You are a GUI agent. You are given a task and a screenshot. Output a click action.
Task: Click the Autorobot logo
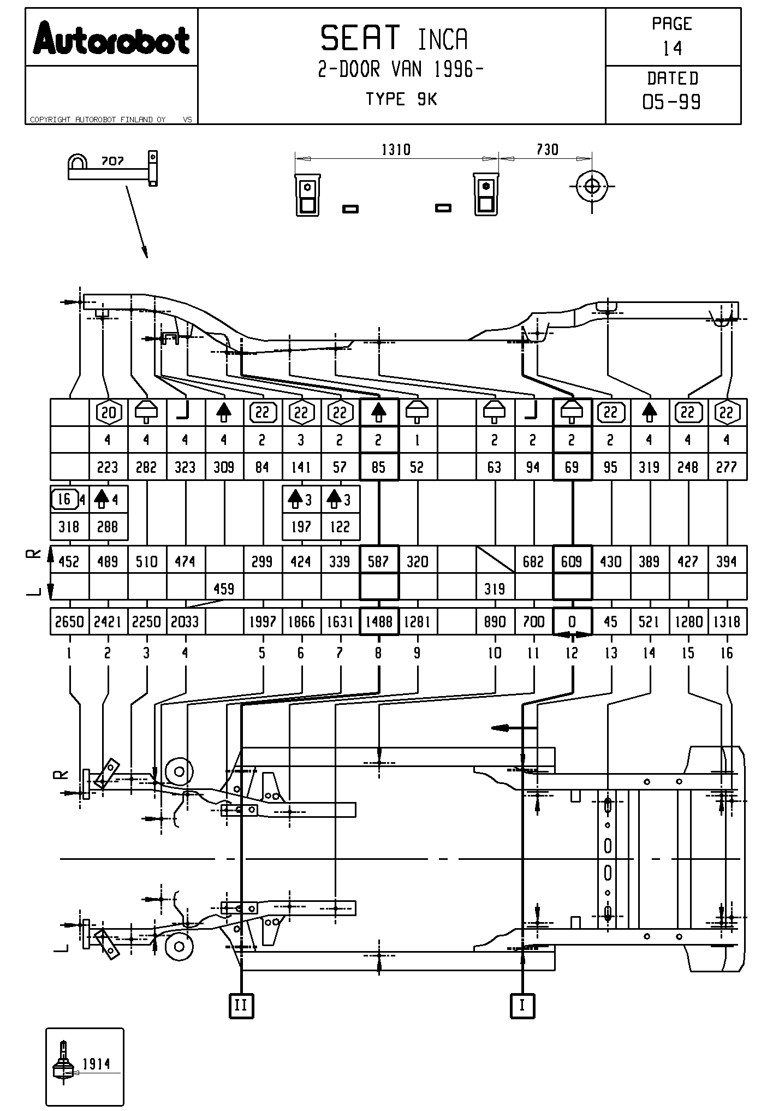click(x=111, y=38)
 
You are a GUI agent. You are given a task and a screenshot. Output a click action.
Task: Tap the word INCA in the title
click(x=443, y=39)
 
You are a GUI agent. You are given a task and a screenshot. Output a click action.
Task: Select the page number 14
click(x=673, y=49)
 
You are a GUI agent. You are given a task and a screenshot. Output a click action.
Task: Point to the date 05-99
click(x=672, y=102)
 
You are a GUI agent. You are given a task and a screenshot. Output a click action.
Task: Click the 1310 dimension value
click(x=396, y=150)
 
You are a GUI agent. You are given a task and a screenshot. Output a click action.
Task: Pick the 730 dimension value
click(x=547, y=150)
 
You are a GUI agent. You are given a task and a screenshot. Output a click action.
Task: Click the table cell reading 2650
click(x=69, y=621)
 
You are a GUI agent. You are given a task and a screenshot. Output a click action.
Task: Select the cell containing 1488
click(x=379, y=621)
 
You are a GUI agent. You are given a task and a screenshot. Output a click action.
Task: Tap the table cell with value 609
click(x=572, y=561)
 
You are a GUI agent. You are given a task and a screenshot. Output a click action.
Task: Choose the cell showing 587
click(x=379, y=561)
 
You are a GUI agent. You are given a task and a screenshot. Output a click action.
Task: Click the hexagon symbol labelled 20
click(x=109, y=413)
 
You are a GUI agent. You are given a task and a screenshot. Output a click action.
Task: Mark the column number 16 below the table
click(x=727, y=653)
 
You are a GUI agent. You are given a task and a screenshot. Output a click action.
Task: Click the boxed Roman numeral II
click(x=241, y=1005)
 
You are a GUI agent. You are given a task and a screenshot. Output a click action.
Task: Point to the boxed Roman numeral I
click(x=522, y=1005)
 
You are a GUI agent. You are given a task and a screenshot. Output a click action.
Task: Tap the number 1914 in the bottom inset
click(x=96, y=1064)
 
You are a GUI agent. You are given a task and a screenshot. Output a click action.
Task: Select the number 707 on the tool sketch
click(x=112, y=162)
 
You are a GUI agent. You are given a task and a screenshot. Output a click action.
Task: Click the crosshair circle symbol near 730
click(x=592, y=186)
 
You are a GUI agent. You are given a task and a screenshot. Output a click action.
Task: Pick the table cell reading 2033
click(x=186, y=621)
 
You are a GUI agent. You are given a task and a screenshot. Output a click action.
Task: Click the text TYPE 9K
click(x=401, y=99)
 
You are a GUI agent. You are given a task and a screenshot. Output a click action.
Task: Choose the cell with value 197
click(x=301, y=527)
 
